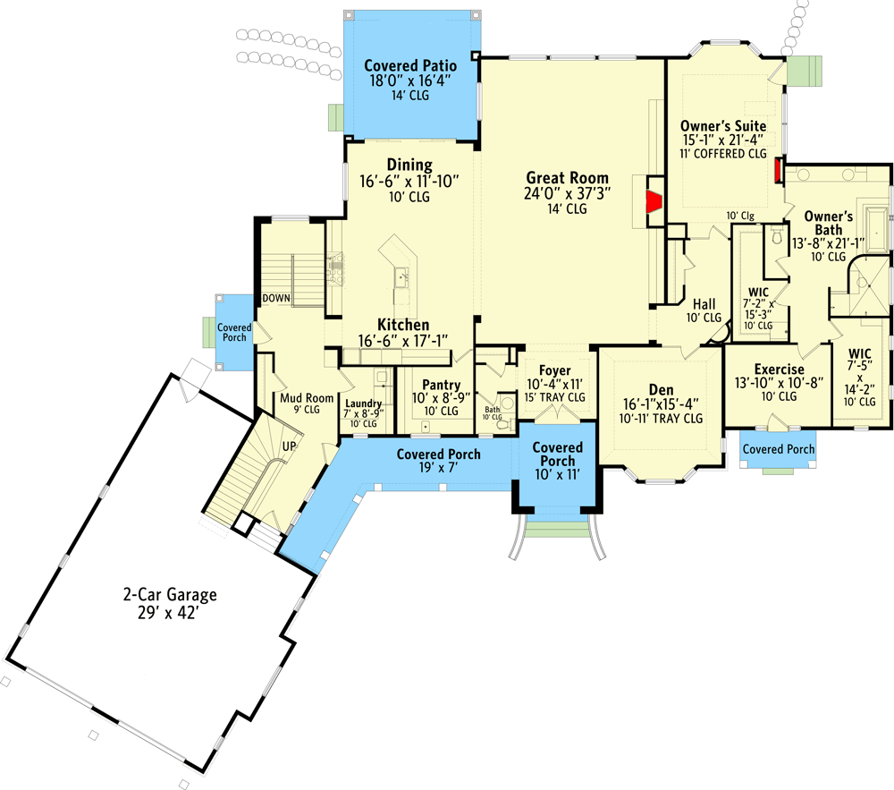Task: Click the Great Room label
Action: [568, 178]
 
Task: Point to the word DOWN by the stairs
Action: [276, 298]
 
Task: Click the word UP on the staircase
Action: [290, 446]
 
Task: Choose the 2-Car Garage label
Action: [170, 595]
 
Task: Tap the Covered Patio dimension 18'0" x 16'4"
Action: [410, 81]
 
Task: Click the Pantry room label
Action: [442, 385]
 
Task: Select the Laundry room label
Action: [363, 403]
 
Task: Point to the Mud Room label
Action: [307, 398]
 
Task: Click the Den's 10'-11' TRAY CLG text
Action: [662, 419]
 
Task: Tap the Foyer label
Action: [555, 370]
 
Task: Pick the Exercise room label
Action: [780, 370]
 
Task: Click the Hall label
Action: [704, 304]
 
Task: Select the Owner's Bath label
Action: [829, 223]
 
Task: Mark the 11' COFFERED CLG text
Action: [723, 154]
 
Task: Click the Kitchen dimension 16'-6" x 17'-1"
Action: [403, 341]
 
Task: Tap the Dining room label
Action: [409, 166]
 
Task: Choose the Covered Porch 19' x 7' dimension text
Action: [439, 468]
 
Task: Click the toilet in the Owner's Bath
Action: [776, 235]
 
